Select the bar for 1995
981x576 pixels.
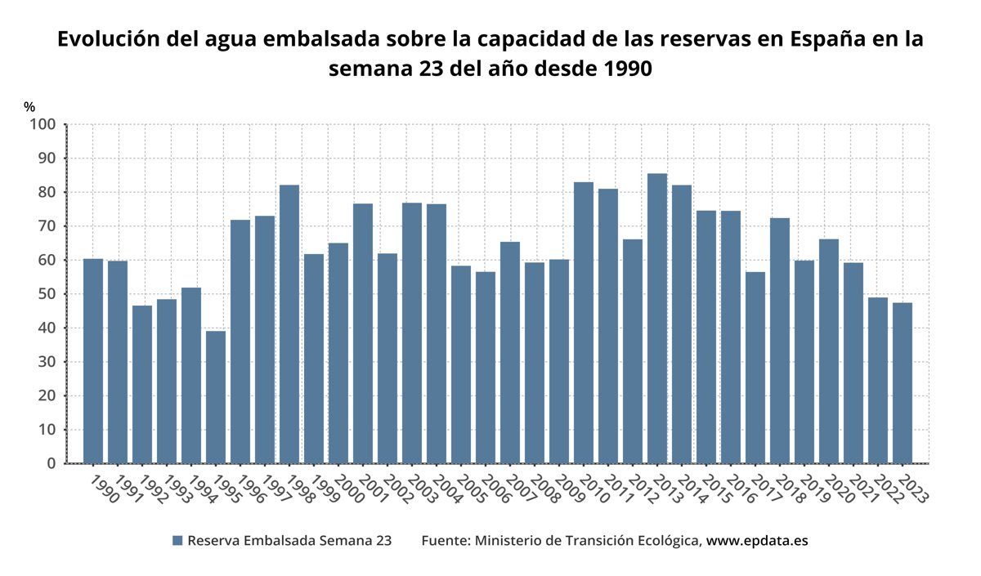pos(216,397)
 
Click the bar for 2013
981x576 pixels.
pos(657,319)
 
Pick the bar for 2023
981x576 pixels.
pos(903,383)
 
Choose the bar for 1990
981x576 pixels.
pos(93,361)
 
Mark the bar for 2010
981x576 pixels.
pos(584,323)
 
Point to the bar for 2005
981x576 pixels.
pos(461,364)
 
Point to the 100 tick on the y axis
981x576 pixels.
pos(43,124)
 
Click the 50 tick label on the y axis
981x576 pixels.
pos(47,294)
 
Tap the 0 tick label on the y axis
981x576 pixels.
pos(52,464)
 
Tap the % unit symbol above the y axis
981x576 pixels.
pos(29,106)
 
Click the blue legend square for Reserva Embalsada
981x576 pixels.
pos(177,541)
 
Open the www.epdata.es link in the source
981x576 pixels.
pos(757,541)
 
